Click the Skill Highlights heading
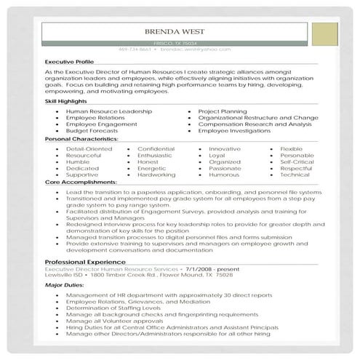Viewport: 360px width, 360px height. [x=65, y=101]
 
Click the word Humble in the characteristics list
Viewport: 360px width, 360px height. [x=77, y=161]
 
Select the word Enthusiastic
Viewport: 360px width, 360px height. [x=154, y=155]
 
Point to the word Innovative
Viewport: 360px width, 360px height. [x=224, y=148]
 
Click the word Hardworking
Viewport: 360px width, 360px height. [x=156, y=175]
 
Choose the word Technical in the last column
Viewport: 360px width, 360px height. [x=295, y=175]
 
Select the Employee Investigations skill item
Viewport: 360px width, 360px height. [x=239, y=131]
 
